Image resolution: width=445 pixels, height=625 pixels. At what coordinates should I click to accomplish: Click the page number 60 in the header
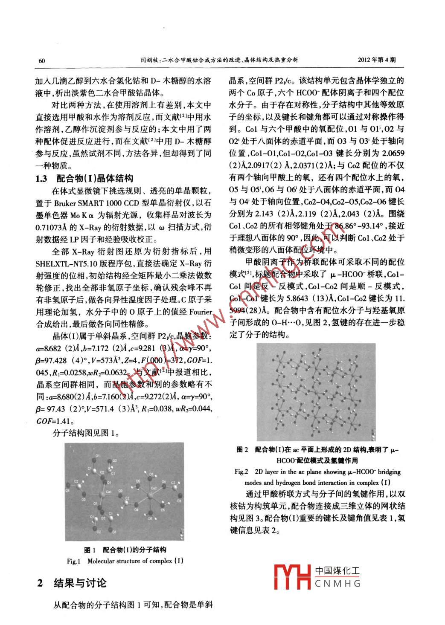pos(41,61)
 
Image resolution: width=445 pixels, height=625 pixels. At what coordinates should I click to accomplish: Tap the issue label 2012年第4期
pos(377,60)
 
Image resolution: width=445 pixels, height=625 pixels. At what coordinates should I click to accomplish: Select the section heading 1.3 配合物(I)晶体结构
pos(84,178)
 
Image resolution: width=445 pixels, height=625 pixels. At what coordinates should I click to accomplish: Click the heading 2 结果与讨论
pos(72,583)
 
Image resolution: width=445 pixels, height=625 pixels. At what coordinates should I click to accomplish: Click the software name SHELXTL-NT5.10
pos(65,263)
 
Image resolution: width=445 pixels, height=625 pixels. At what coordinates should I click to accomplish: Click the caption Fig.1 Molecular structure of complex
pos(125,561)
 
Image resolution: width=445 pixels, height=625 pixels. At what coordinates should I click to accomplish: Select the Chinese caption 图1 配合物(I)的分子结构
pos(125,550)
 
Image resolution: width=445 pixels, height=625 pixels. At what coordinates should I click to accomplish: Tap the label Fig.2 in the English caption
pos(241,472)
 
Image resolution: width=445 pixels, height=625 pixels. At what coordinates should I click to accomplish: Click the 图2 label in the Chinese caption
pos(242,449)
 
